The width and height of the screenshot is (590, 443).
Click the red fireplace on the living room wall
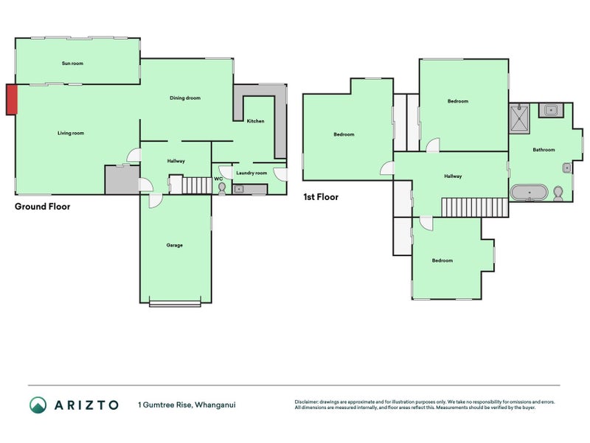coord(12,100)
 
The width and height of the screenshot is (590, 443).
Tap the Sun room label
coord(72,63)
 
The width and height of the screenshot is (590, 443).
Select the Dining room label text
coord(185,98)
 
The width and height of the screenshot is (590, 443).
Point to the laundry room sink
coord(238,189)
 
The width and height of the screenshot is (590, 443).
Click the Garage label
coord(175,245)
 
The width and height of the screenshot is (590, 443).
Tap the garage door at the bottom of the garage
coord(175,303)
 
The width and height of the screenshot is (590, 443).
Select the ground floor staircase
coord(197,185)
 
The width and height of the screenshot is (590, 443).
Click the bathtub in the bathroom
coord(529,192)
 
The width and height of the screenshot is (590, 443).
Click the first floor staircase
coord(474,207)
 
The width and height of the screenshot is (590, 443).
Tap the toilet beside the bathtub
coord(558,193)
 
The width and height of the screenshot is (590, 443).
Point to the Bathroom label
coord(544,150)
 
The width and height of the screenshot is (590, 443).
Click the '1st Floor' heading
coord(321,197)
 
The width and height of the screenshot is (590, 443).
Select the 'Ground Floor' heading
coord(43,207)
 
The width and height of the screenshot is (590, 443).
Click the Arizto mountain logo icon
coord(38,405)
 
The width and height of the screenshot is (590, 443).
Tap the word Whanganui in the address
coord(215,405)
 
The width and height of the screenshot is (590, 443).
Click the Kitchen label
coord(255,121)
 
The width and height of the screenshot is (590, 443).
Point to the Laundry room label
coord(251,173)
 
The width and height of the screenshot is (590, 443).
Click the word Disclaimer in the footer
coord(306,402)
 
